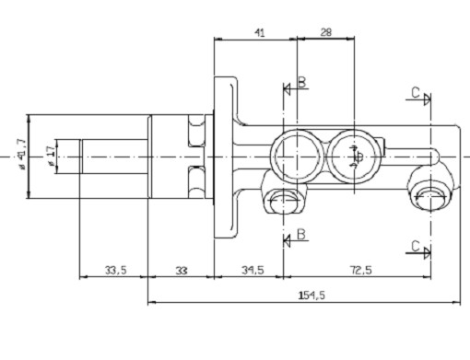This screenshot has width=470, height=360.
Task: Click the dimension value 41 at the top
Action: [260, 32]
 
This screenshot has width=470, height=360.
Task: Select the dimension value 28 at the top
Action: [326, 32]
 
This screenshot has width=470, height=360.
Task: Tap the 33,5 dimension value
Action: [115, 271]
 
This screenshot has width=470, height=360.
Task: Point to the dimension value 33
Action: [182, 271]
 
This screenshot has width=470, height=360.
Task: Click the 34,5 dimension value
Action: [253, 271]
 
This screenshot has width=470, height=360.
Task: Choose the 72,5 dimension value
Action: [360, 271]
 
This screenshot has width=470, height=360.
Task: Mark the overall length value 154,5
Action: [311, 296]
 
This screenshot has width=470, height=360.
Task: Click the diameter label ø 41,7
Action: [21, 154]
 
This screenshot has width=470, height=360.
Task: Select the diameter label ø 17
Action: [52, 157]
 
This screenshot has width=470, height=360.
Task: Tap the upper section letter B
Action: [302, 82]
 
